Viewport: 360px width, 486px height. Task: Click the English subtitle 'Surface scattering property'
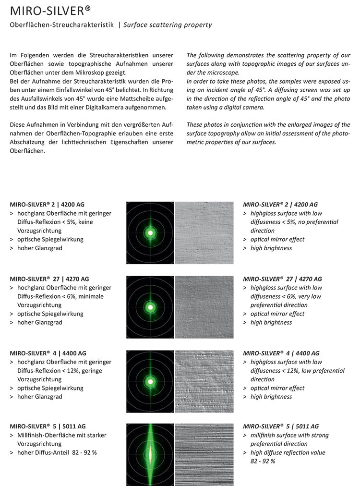tap(168, 24)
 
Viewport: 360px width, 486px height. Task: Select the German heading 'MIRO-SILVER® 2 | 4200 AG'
tap(47, 205)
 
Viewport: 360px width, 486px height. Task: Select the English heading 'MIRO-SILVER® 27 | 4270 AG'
tap(282, 279)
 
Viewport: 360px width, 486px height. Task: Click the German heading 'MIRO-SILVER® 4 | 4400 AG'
tap(47, 353)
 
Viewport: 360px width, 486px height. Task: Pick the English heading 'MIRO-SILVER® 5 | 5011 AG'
tap(281, 426)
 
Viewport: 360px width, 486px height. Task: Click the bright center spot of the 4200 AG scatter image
tap(150, 233)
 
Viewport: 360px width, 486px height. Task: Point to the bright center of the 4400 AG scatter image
tap(150, 381)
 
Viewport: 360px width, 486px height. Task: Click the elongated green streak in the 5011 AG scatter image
tap(150, 454)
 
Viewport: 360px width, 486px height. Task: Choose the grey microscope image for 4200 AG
tap(204, 233)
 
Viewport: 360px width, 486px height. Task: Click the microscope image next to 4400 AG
tap(204, 381)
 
